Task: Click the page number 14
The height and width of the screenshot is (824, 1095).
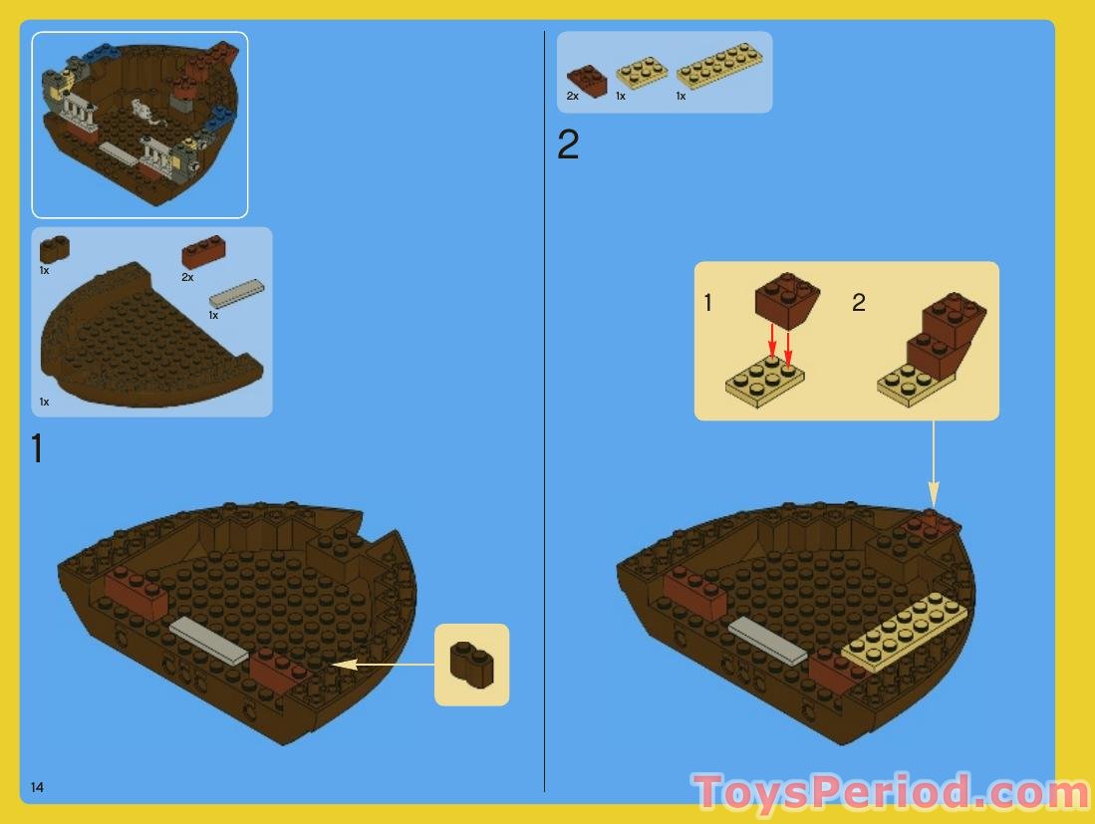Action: click(x=37, y=787)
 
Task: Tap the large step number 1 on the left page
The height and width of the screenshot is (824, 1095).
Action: click(x=37, y=449)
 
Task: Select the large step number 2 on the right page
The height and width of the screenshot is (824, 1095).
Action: click(x=568, y=146)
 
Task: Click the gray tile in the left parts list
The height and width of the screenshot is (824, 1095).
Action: click(x=237, y=293)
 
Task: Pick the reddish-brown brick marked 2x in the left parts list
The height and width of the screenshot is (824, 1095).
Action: click(x=203, y=253)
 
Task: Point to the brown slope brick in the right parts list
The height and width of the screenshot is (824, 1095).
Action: click(x=587, y=80)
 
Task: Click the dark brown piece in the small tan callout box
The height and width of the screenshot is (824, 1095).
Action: click(x=471, y=664)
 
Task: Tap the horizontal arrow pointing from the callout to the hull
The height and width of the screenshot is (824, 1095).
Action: click(x=383, y=663)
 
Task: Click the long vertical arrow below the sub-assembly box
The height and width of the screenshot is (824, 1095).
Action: click(x=934, y=463)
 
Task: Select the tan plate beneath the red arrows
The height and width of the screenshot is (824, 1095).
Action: click(x=765, y=382)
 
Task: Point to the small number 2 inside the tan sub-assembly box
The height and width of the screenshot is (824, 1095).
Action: click(x=859, y=303)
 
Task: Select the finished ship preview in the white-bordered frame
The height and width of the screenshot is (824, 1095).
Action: click(x=139, y=125)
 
